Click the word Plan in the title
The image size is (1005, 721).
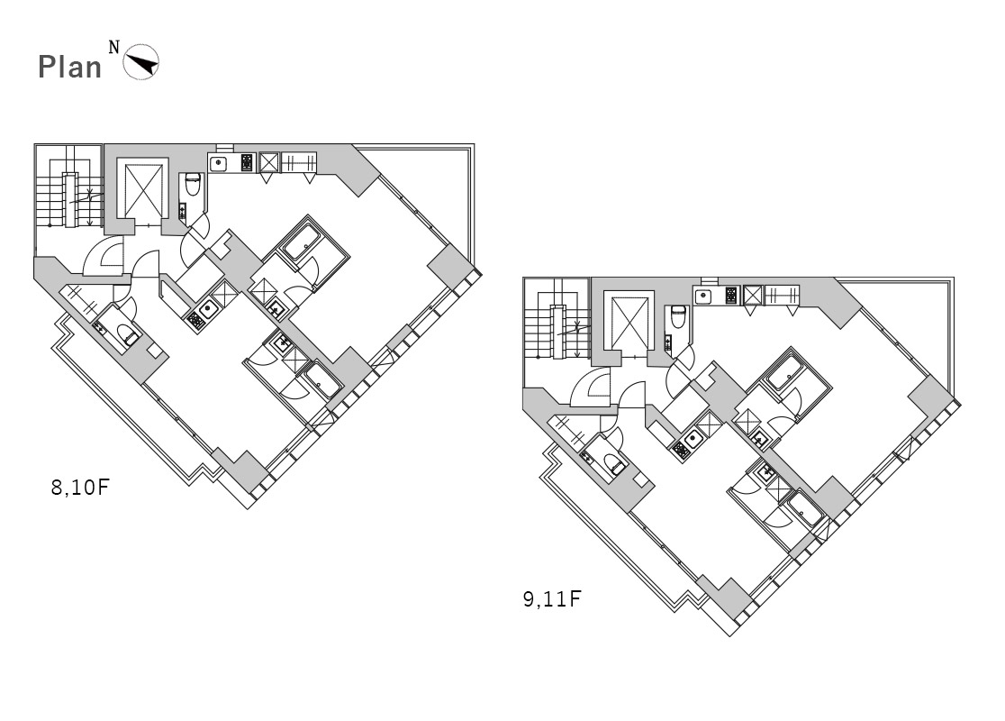coord(70,67)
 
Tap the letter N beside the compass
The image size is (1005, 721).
coord(114,47)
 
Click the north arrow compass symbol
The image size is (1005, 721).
coord(141,62)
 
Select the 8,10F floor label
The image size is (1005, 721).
coord(80,487)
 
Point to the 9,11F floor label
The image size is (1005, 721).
coord(552,599)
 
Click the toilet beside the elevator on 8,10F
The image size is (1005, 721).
coord(193,184)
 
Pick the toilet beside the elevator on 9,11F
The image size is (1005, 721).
coord(678,317)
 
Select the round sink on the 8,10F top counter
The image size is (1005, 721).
coord(219,163)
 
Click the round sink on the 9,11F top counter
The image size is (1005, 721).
coord(703,297)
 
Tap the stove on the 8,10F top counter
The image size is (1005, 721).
coord(248,162)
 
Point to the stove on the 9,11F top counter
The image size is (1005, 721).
coord(732,296)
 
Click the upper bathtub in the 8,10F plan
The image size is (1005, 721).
coord(302,242)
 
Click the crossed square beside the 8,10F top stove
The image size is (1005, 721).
coord(268,162)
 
